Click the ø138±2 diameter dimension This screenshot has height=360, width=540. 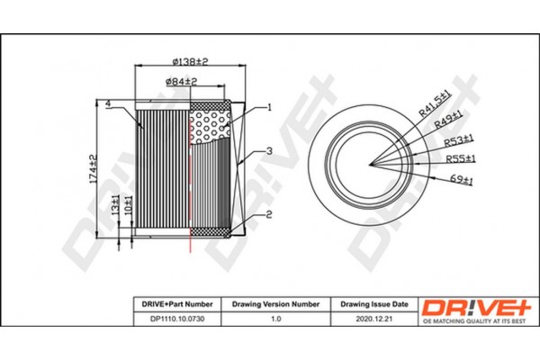(x=189, y=61)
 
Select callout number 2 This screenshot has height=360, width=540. (x=269, y=214)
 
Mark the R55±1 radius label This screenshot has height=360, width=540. (x=462, y=159)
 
